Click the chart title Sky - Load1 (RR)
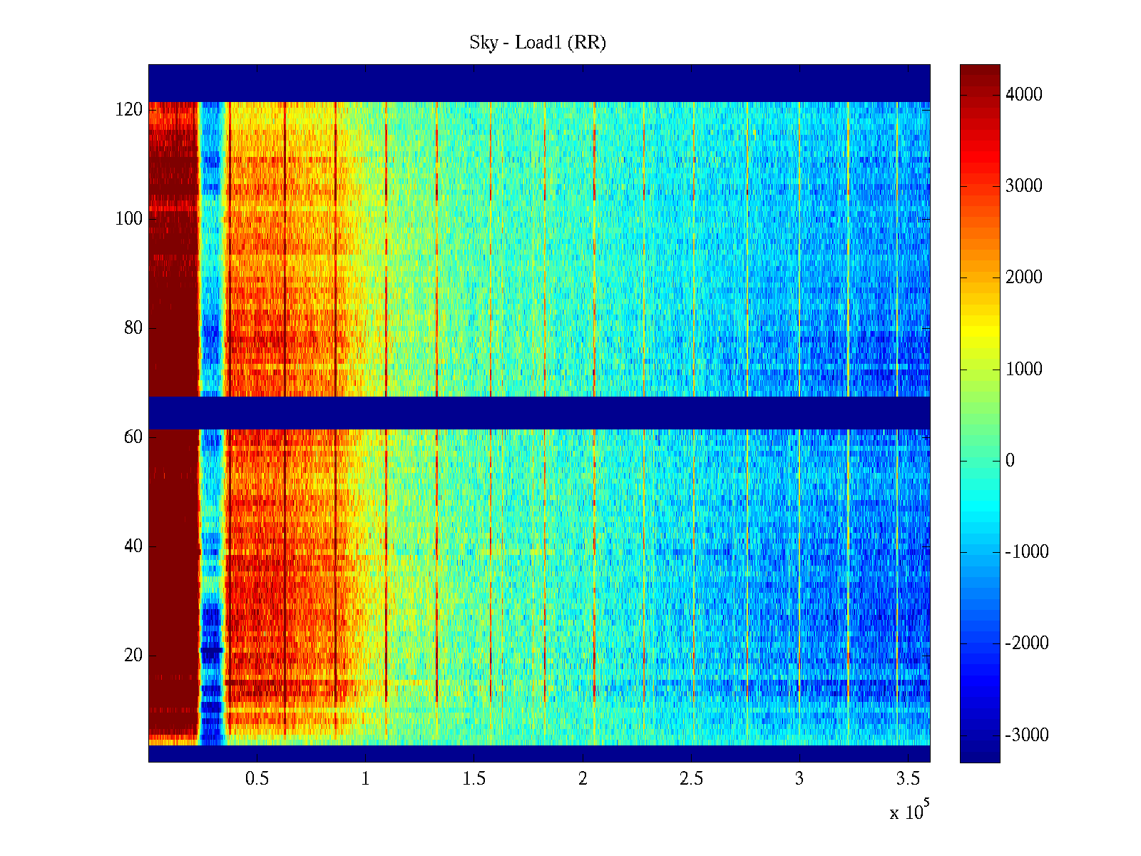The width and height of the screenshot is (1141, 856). [x=538, y=43]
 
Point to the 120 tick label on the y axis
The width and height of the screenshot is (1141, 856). [x=129, y=110]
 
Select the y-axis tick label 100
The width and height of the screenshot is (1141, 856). [x=129, y=219]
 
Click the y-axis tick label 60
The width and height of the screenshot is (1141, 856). [x=133, y=437]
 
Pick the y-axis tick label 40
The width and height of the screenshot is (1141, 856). [x=133, y=546]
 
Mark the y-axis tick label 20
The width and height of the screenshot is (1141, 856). [x=133, y=656]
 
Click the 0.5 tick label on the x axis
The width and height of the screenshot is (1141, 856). [x=257, y=779]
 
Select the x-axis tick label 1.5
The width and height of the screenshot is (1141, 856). [x=474, y=779]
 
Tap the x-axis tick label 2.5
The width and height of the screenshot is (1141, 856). [x=691, y=779]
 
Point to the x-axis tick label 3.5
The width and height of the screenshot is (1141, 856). [x=908, y=779]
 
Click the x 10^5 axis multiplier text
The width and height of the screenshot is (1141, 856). [x=909, y=812]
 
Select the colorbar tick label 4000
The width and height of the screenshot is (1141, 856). [x=1023, y=95]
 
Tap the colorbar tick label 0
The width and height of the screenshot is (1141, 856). [x=1010, y=461]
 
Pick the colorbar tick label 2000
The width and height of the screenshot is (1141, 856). [x=1023, y=277]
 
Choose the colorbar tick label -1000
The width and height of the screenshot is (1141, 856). [x=1027, y=552]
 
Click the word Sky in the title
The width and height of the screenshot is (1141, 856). [x=483, y=43]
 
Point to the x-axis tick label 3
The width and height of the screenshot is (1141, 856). [x=799, y=779]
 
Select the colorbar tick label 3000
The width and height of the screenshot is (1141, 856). [x=1023, y=186]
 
